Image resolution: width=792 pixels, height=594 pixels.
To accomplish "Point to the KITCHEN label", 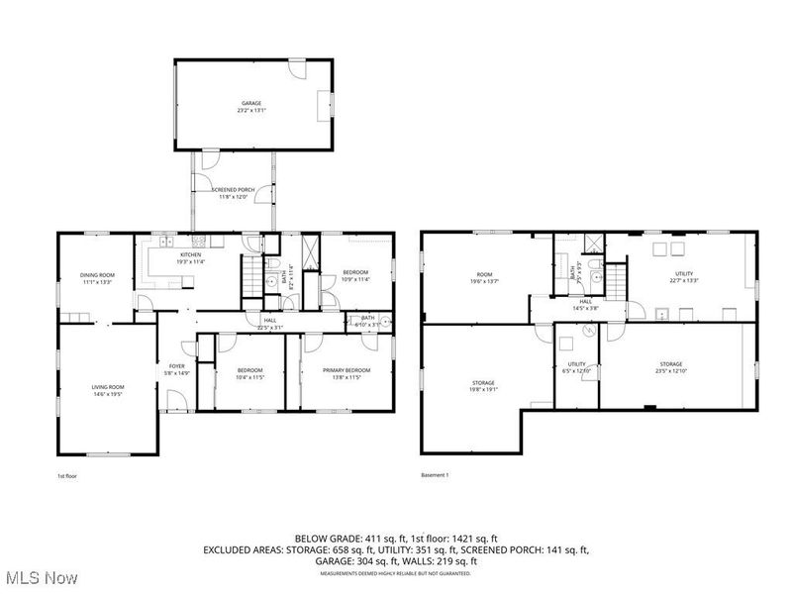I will [x=190, y=255].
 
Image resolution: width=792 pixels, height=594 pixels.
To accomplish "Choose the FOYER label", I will [x=176, y=365].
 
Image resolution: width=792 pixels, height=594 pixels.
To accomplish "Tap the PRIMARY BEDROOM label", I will [x=345, y=370].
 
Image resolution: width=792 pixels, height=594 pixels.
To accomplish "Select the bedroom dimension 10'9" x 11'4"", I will [x=355, y=279].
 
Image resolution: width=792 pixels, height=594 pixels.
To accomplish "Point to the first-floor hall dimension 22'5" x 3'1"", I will [x=270, y=327].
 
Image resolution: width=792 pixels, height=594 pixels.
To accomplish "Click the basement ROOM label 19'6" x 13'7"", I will [x=484, y=274].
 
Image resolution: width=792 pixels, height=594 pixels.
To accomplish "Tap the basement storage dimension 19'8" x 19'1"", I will [x=484, y=389].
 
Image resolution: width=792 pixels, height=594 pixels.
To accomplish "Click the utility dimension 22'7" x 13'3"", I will [x=684, y=281].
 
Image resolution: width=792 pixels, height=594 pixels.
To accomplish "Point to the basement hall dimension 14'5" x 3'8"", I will [x=586, y=309].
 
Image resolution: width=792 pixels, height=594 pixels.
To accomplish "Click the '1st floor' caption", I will [x=66, y=475].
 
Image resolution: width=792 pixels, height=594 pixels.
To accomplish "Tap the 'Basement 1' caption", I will [x=435, y=475].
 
